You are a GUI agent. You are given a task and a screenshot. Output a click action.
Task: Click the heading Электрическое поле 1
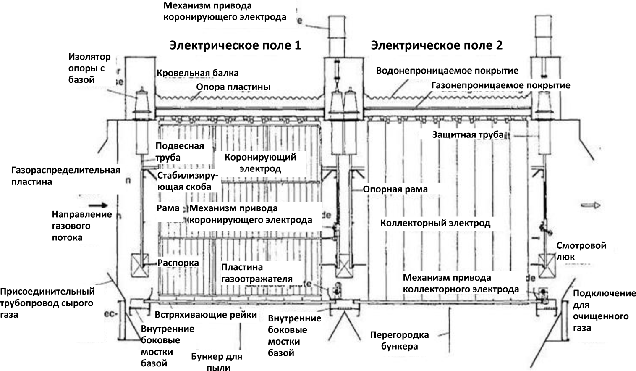[235, 45]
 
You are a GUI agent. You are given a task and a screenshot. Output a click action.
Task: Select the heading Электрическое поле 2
[437, 45]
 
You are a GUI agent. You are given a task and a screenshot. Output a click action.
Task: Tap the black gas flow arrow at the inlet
[99, 205]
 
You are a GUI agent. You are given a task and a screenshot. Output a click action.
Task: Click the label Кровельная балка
[198, 73]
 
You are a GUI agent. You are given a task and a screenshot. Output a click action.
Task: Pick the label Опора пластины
[233, 87]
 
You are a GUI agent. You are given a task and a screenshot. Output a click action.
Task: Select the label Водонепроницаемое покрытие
[447, 71]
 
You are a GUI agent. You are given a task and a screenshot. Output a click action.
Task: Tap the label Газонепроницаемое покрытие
[501, 85]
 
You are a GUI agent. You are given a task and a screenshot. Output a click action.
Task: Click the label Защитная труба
[468, 134]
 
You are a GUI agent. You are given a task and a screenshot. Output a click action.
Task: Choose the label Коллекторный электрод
[435, 223]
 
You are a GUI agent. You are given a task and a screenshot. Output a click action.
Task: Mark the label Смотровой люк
[581, 251]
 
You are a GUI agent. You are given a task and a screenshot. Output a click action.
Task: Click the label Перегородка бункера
[399, 341]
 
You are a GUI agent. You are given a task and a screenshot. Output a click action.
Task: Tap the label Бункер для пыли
[217, 362]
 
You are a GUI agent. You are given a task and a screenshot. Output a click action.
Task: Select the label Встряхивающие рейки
[206, 315]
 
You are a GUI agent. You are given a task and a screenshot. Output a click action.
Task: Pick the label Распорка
[178, 263]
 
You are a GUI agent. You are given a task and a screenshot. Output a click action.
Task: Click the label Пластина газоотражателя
[257, 273]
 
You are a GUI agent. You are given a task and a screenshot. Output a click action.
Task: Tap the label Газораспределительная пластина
[66, 176]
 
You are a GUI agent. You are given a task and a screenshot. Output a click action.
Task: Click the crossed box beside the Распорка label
[139, 266]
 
